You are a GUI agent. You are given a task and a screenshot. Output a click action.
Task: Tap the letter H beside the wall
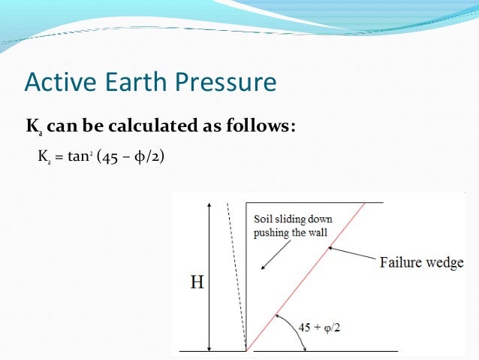197,283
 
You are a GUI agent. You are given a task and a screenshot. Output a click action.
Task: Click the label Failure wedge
421,262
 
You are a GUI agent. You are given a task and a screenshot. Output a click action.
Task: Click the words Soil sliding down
293,219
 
